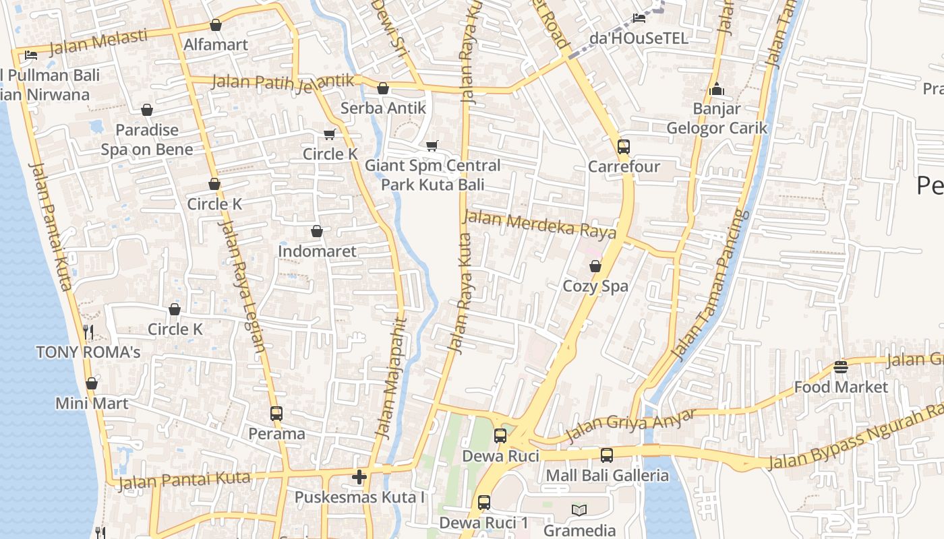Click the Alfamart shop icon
(216, 26)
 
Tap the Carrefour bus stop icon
(624, 146)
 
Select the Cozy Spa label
(595, 286)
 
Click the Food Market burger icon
(840, 367)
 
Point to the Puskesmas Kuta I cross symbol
(359, 477)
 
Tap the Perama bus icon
(276, 413)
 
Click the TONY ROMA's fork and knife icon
(88, 331)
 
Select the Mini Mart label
(92, 404)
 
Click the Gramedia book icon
(579, 510)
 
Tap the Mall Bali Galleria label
(607, 475)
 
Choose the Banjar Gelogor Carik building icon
(716, 89)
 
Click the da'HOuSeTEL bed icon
(639, 18)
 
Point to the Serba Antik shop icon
(383, 88)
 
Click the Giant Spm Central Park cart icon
(432, 146)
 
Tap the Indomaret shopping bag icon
(317, 231)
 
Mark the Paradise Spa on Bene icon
(147, 110)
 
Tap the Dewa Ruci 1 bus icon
(484, 502)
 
